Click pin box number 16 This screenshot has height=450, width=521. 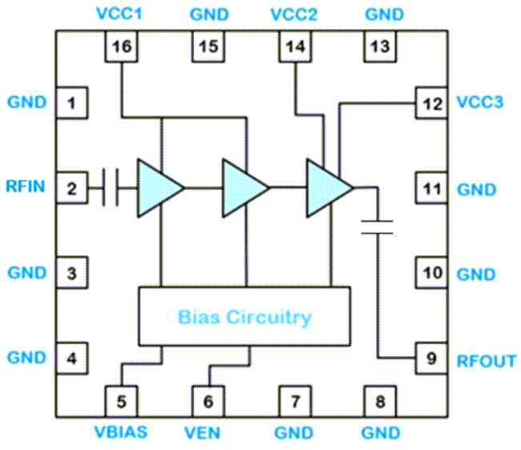coord(121,47)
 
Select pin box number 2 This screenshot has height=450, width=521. coord(71,189)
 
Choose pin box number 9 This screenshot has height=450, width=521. coord(431,359)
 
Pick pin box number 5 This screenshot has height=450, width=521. coord(121,399)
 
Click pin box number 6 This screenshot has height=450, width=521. coord(208,399)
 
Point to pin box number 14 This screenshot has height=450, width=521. coord(295,47)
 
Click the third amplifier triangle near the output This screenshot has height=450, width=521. coord(327,188)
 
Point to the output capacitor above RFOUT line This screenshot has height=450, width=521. coord(377,226)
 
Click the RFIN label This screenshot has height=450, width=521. coord(26,189)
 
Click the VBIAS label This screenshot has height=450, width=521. coord(122,433)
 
